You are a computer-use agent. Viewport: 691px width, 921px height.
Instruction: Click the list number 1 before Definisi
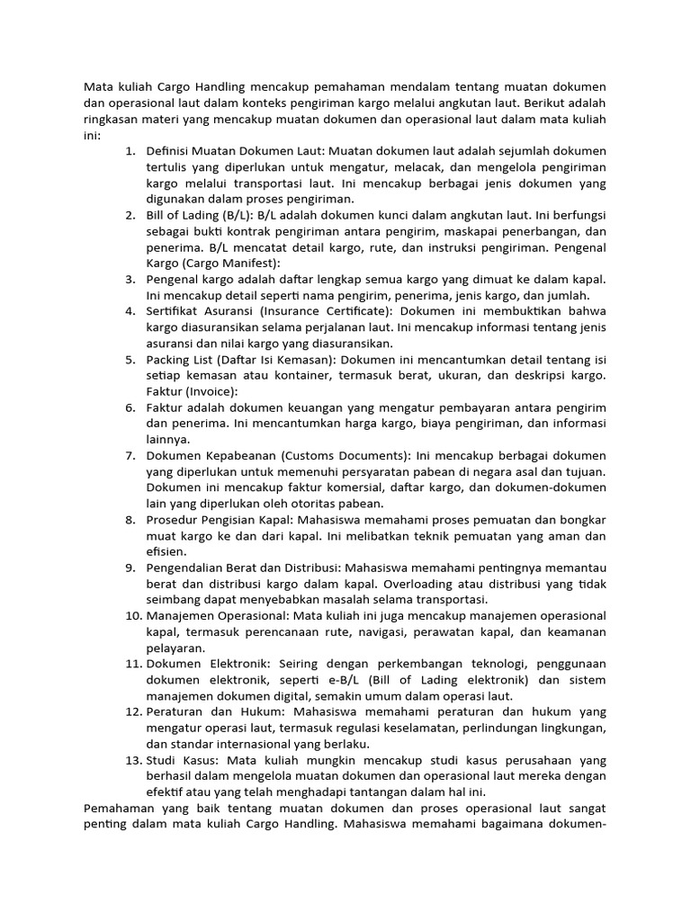130,150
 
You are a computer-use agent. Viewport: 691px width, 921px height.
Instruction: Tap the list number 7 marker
130,455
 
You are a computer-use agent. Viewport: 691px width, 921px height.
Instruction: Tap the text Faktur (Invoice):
192,391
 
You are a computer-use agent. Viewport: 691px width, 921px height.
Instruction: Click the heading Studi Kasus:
184,760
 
